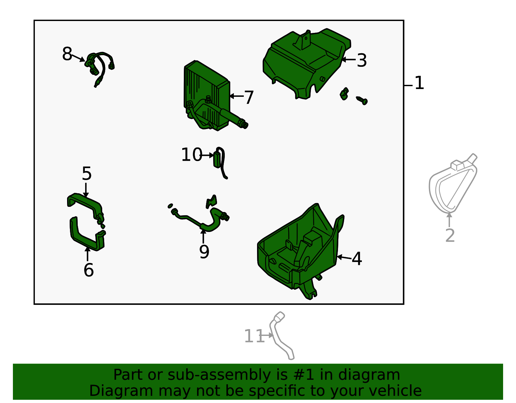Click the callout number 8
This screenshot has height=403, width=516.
pyautogui.click(x=67, y=54)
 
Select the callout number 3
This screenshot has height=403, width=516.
pyautogui.click(x=362, y=61)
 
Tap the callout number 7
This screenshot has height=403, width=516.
pyautogui.click(x=249, y=97)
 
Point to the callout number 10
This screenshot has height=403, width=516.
pyautogui.click(x=192, y=155)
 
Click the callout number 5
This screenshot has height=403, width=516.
pyautogui.click(x=87, y=173)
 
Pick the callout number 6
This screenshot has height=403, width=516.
pyautogui.click(x=89, y=270)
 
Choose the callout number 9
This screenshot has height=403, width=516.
pyautogui.click(x=204, y=252)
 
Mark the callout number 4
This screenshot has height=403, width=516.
pyautogui.click(x=357, y=259)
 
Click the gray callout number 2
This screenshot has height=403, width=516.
pyautogui.click(x=450, y=236)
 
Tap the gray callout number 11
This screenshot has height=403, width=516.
pyautogui.click(x=254, y=336)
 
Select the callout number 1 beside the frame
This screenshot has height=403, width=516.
pyautogui.click(x=419, y=83)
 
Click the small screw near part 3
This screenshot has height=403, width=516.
pyautogui.click(x=362, y=101)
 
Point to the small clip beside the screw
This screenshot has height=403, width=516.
pyautogui.click(x=344, y=94)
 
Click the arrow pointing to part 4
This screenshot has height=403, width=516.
pyautogui.click(x=344, y=257)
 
